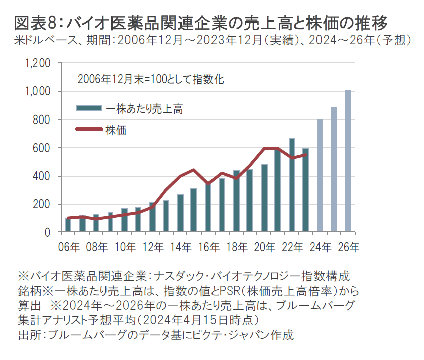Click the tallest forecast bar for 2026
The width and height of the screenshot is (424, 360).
(x=348, y=161)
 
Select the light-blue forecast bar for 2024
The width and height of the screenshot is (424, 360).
(x=320, y=176)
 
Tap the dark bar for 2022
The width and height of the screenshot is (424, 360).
(x=292, y=186)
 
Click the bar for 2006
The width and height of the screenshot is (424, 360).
(x=68, y=225)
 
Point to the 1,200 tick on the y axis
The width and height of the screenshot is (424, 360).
(x=38, y=63)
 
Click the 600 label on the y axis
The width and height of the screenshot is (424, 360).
(x=42, y=148)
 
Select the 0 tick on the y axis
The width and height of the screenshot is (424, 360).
(x=48, y=232)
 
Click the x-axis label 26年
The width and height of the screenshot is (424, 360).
(x=349, y=247)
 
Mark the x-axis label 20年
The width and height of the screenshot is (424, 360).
(x=265, y=247)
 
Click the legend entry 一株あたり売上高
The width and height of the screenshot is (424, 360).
(x=143, y=108)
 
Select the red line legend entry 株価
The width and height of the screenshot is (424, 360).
(x=115, y=130)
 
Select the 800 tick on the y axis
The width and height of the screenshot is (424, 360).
(x=42, y=120)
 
